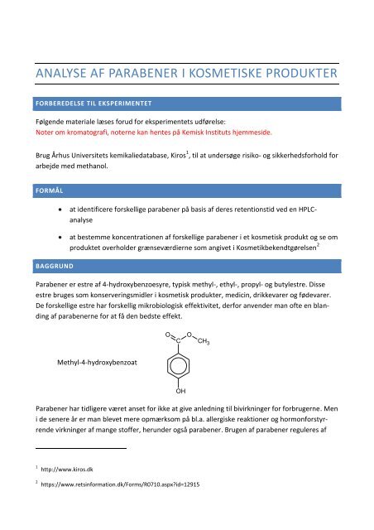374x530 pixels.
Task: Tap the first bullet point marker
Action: point(74,212)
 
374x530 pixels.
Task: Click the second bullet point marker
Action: point(74,239)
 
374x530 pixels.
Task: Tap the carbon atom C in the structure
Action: point(180,340)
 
